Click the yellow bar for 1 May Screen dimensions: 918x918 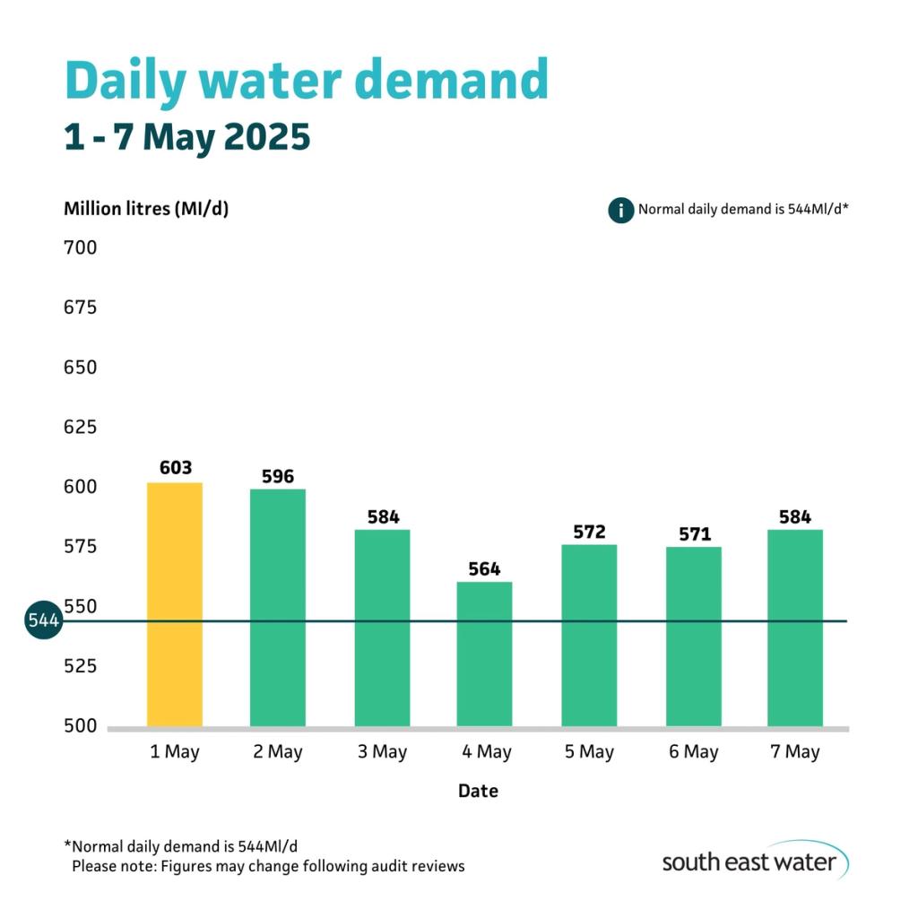pyautogui.click(x=175, y=604)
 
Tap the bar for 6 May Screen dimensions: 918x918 pyautogui.click(x=694, y=636)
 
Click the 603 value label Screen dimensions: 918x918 pyautogui.click(x=175, y=468)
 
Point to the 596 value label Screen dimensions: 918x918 pyautogui.click(x=278, y=476)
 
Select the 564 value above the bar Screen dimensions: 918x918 pyautogui.click(x=484, y=569)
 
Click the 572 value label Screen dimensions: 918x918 pyautogui.click(x=589, y=533)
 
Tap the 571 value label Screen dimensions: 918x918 pyautogui.click(x=694, y=534)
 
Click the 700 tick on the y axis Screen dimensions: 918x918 pyautogui.click(x=80, y=247)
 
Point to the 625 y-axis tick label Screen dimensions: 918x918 pyautogui.click(x=80, y=427)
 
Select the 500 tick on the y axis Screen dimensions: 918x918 pyautogui.click(x=80, y=725)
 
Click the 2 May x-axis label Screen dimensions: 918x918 pyautogui.click(x=278, y=752)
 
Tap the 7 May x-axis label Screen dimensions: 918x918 pyautogui.click(x=795, y=752)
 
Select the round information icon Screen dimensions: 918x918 pyautogui.click(x=620, y=211)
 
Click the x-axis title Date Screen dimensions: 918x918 pyautogui.click(x=478, y=791)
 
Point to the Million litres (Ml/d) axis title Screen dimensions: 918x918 pyautogui.click(x=146, y=210)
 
